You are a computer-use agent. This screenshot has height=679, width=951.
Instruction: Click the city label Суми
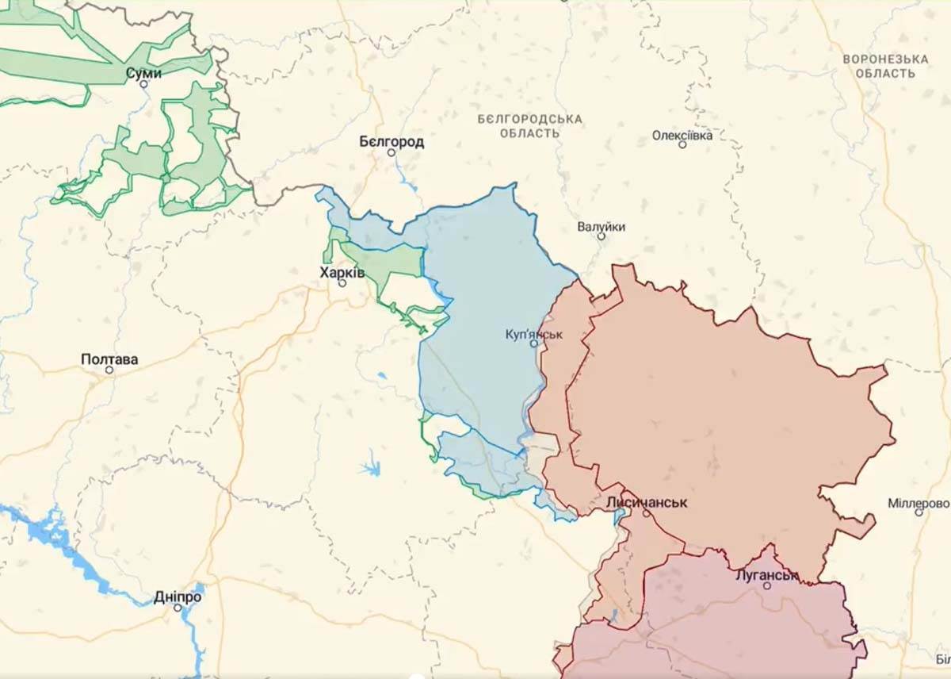coord(143,73)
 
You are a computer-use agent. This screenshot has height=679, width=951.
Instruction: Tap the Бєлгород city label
coord(391,142)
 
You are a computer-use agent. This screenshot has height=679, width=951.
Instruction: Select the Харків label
coord(342,272)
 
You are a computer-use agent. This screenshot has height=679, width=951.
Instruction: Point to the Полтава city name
coord(109,359)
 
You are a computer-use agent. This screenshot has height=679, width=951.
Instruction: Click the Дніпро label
coord(178,597)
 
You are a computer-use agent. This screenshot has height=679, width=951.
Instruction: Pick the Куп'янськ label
coord(534,334)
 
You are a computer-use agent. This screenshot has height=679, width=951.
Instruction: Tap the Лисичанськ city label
coord(646,503)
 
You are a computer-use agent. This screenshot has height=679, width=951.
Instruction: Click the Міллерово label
coord(919,503)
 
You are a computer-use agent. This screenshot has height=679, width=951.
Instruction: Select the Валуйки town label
coord(601,227)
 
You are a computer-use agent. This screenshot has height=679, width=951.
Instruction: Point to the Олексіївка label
coord(682,135)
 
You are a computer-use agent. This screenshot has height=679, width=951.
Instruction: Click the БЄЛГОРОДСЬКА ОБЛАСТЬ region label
coord(529,125)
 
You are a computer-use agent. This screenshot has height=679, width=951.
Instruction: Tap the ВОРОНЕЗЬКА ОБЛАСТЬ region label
coord(885,66)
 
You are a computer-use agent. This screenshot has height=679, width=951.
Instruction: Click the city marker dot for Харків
coord(342,282)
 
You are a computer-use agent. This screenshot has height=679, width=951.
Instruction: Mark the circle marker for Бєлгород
coord(391,152)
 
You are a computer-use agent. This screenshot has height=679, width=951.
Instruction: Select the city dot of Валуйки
coord(601,236)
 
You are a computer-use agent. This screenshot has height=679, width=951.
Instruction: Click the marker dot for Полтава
coord(109,370)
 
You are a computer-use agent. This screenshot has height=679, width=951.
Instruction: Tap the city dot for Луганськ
coord(766,585)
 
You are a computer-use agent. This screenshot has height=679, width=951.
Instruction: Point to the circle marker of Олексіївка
coord(682,144)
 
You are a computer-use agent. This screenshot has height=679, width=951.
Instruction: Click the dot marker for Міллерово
coord(919,512)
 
